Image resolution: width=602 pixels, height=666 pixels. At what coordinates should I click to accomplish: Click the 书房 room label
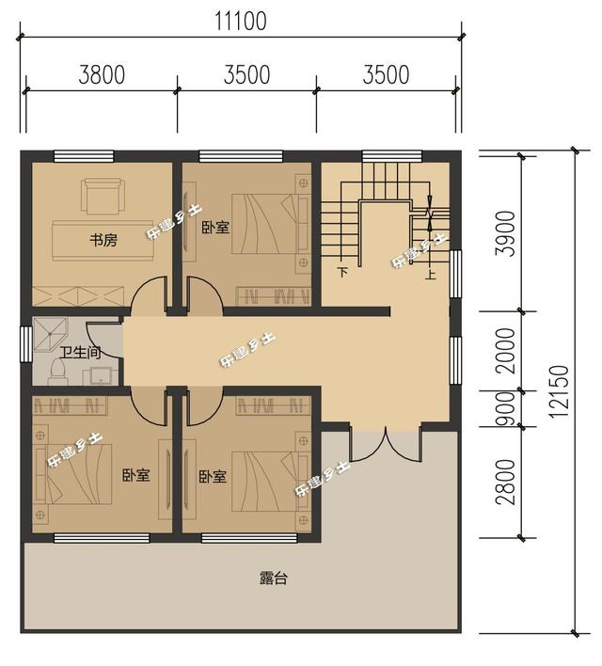point(103,241)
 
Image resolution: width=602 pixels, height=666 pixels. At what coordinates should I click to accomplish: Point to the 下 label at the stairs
point(343,274)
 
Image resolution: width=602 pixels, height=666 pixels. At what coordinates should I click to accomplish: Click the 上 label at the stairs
point(430,275)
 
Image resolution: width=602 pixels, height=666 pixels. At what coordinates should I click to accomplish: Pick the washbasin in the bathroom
point(98,377)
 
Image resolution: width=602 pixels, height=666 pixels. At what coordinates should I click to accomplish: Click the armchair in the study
point(100,196)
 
